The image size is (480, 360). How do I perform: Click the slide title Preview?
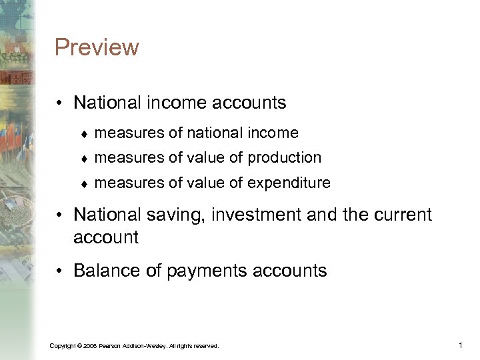(97, 47)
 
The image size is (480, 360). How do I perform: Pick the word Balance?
(107, 270)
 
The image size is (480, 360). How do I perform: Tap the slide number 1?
(461, 345)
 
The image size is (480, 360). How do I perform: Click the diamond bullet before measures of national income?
(85, 133)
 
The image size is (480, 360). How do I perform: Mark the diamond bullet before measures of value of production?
(85, 158)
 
